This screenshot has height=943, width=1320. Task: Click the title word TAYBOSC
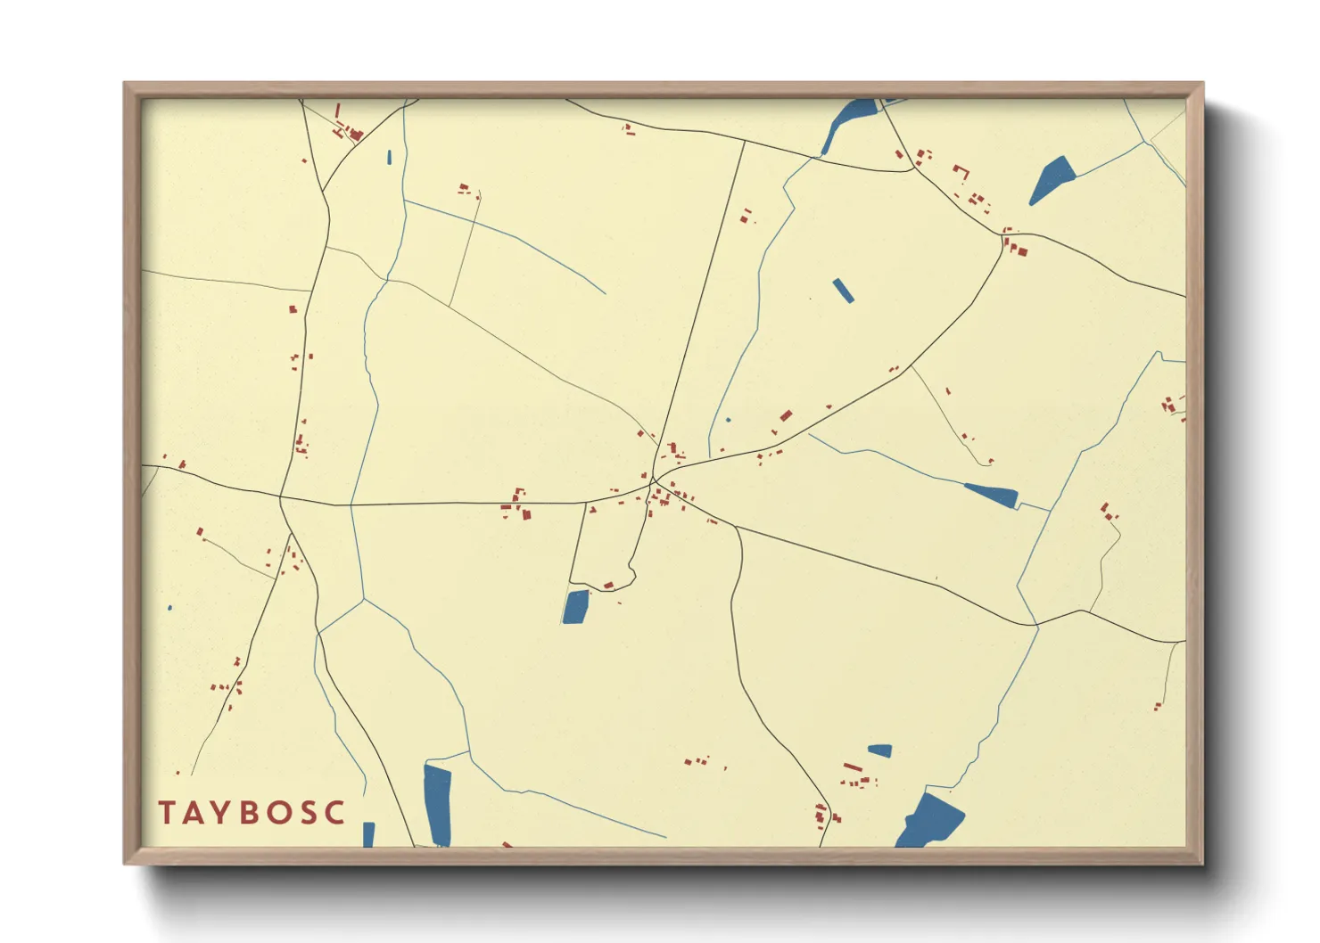252,812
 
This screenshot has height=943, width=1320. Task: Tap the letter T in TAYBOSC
167,812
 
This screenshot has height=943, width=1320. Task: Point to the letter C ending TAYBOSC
335,812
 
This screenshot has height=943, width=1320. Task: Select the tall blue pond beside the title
437,804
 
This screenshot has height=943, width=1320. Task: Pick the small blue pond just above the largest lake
880,750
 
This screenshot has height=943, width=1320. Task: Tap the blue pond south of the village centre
576,607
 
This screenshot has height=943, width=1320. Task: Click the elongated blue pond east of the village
992,495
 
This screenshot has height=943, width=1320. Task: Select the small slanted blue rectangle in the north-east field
843,291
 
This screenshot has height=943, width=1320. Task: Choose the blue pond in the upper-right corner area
1052,178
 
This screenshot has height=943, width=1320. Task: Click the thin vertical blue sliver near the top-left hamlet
390,158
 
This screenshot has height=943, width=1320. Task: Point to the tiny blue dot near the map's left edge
169,608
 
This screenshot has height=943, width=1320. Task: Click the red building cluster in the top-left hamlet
351,132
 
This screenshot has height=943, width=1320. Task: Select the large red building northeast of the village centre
786,415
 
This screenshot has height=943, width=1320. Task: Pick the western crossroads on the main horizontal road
281,496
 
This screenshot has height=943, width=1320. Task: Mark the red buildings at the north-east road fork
1015,244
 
